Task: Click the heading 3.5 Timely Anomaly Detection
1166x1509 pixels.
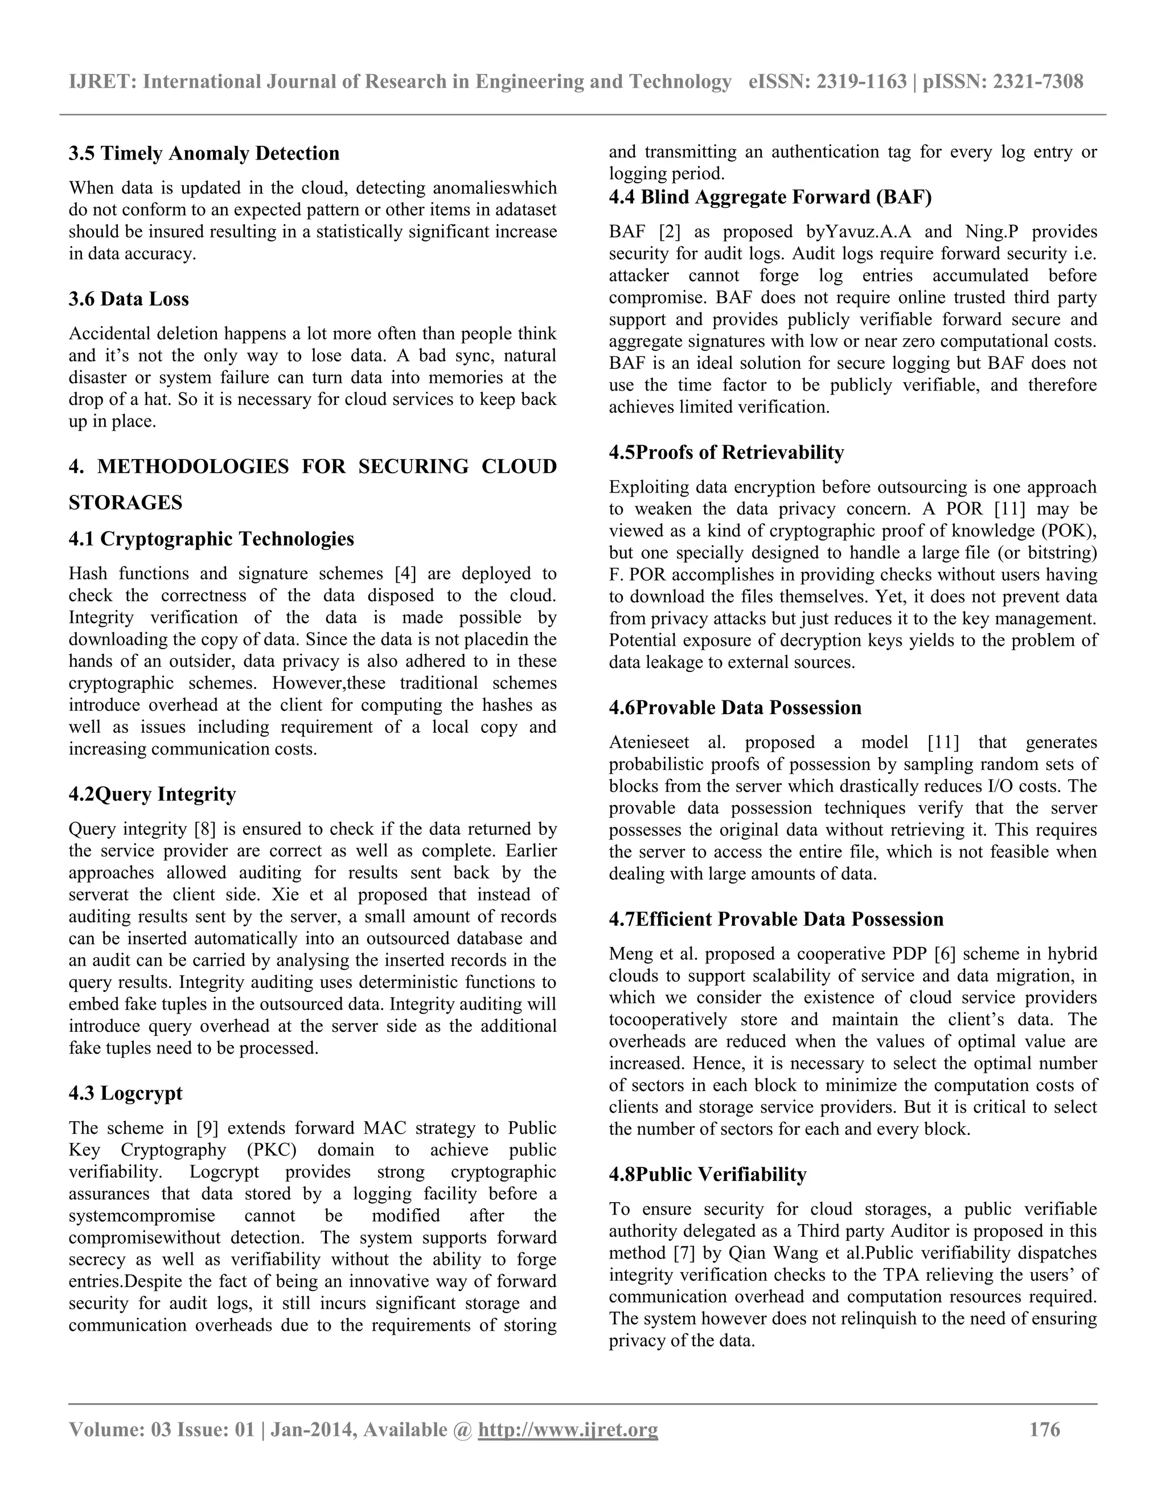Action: point(204,153)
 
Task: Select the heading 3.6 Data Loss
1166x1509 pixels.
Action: point(129,299)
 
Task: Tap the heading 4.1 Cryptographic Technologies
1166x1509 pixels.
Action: point(211,539)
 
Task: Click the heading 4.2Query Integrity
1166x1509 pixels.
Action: point(152,794)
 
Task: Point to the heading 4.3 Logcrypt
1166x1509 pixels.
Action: point(125,1093)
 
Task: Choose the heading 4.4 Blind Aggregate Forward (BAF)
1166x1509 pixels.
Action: point(770,198)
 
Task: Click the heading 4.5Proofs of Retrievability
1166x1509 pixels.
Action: point(726,453)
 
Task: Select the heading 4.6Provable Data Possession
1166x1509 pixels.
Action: point(735,707)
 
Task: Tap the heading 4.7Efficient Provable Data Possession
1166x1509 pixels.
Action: point(776,919)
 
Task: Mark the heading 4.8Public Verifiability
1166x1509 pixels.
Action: point(707,1175)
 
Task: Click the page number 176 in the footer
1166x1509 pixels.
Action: point(1044,1429)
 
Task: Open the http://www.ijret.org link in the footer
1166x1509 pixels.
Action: point(568,1429)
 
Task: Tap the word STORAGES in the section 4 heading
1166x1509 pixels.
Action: point(125,503)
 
